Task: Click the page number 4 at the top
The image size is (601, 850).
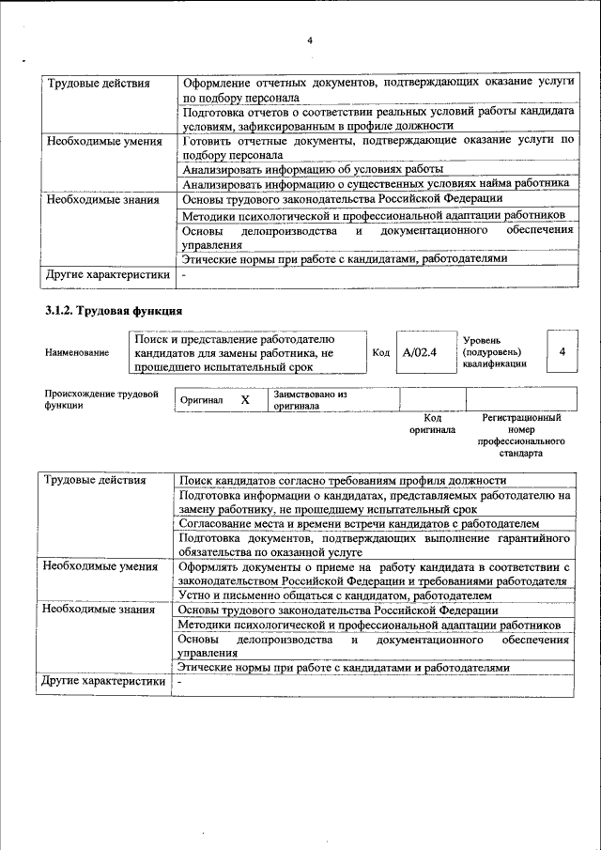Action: click(x=309, y=39)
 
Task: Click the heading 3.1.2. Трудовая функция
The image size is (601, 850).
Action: click(x=113, y=311)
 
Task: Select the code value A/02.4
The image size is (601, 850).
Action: click(x=414, y=352)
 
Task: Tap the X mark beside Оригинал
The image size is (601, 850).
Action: click(x=246, y=400)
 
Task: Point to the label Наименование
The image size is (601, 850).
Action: click(x=76, y=353)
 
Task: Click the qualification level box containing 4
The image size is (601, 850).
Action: click(x=562, y=351)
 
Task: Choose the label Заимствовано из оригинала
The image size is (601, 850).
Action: click(x=311, y=401)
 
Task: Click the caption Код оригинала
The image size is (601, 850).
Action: click(x=433, y=424)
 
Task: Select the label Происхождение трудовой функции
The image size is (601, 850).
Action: click(x=100, y=399)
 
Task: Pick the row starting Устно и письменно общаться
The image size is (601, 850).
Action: click(x=336, y=595)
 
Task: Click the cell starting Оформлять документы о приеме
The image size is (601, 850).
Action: click(x=375, y=574)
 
